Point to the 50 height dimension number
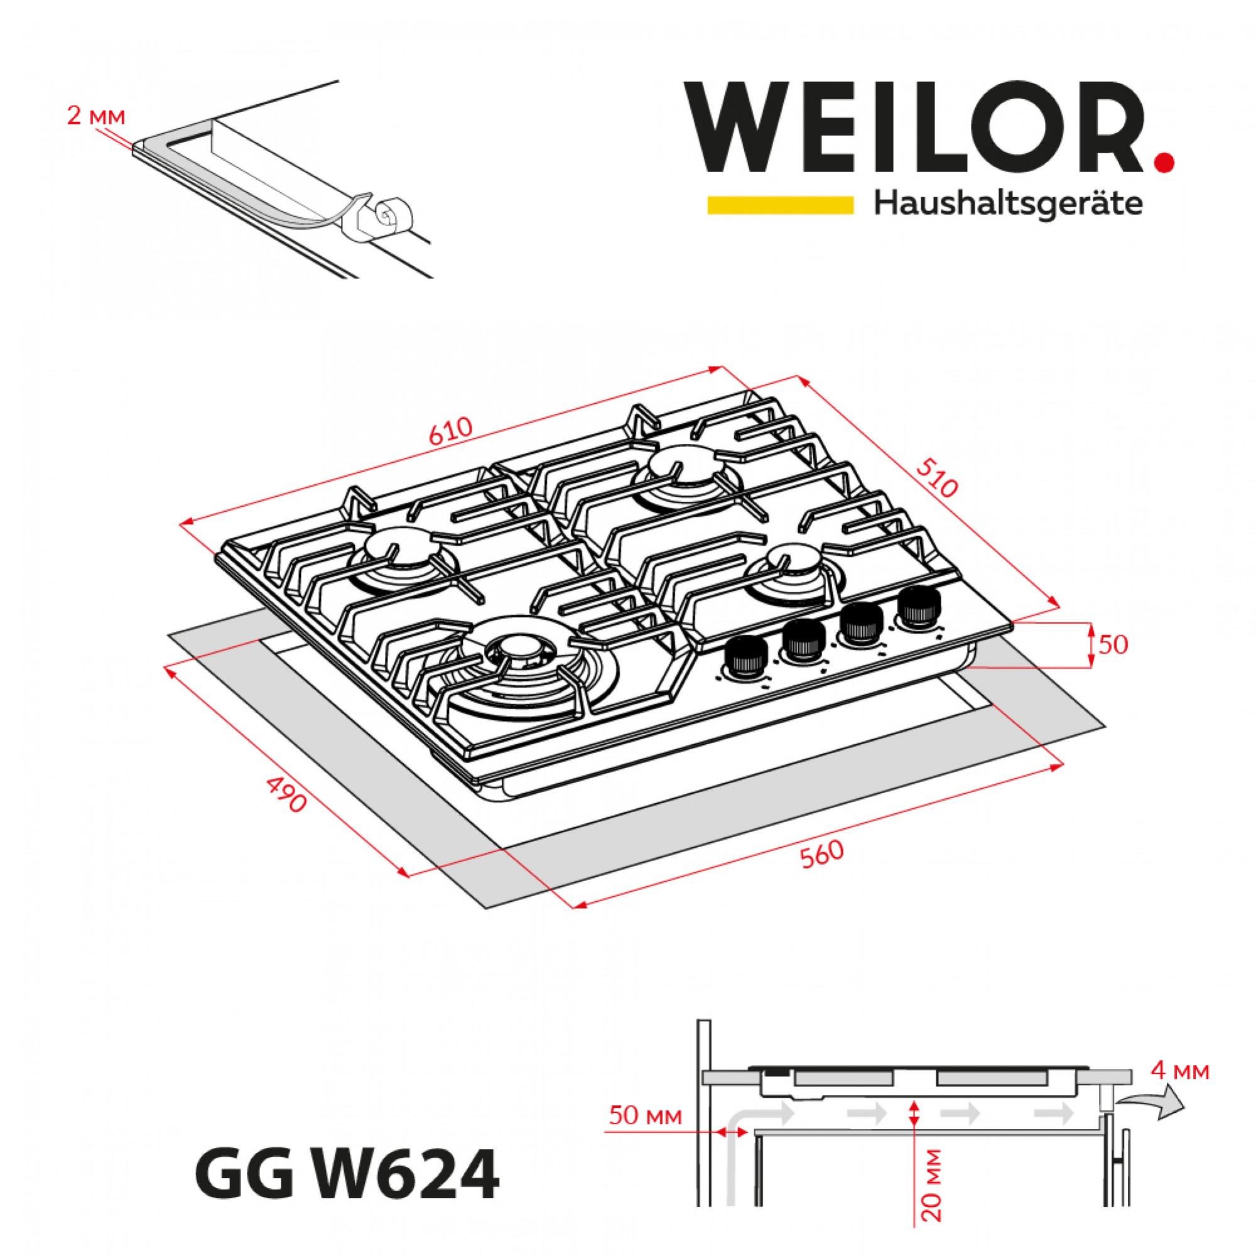tap(1113, 644)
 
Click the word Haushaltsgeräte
tap(1009, 204)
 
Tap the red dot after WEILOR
tap(1165, 160)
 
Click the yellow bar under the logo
tap(780, 205)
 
